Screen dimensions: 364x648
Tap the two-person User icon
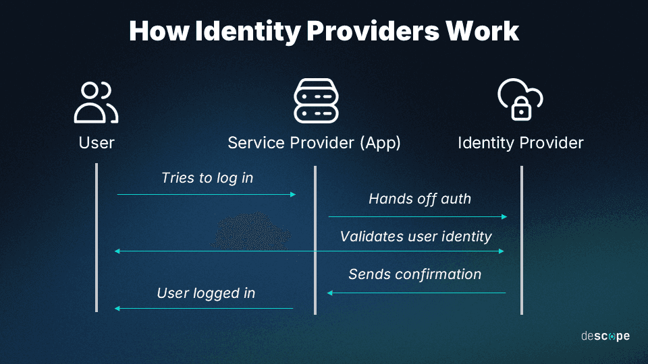[x=96, y=102]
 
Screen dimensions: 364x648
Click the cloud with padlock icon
[x=520, y=101]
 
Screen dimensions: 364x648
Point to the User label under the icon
[x=97, y=143]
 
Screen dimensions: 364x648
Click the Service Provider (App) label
[x=314, y=143]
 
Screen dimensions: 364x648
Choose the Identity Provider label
[x=520, y=143]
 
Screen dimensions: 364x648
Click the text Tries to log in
[x=207, y=178]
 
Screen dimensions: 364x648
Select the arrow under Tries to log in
[x=207, y=194]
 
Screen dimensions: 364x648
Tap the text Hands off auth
[x=420, y=199]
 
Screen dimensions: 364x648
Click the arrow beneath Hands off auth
[x=418, y=217]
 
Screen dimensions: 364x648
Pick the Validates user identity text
[x=416, y=237]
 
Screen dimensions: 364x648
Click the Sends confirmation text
[x=415, y=274]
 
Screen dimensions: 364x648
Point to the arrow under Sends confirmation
[x=416, y=293]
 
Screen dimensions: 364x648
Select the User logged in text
[x=206, y=293]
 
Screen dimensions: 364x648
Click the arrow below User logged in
[x=205, y=308]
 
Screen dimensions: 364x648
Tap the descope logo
[x=605, y=336]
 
